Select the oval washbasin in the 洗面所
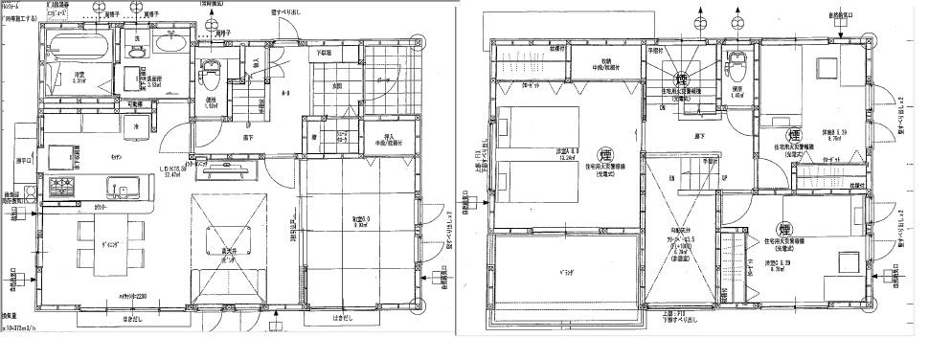170,44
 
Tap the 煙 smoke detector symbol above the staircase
682,79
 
